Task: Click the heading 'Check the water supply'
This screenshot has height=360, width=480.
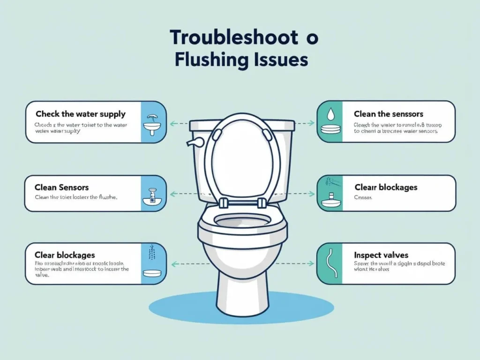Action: point(80,114)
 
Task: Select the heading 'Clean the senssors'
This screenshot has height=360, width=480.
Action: point(389,114)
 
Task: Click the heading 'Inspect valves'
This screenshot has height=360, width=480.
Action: point(381,255)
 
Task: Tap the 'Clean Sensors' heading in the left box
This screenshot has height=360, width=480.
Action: point(62,187)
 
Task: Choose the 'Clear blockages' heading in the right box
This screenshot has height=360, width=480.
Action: point(386,187)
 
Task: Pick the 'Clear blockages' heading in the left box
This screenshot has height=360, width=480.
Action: point(65,255)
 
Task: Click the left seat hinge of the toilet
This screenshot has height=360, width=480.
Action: point(223,202)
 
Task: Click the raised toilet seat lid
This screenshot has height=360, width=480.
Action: point(242,155)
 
